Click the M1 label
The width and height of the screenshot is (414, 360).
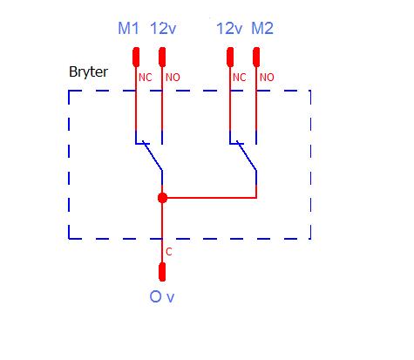[x=128, y=28]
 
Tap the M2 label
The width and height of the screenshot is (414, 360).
[x=262, y=28]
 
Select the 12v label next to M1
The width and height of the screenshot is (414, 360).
[x=163, y=28]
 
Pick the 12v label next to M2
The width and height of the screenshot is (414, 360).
[x=229, y=28]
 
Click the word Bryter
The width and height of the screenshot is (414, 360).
[x=88, y=71]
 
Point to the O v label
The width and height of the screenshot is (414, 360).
[x=162, y=297]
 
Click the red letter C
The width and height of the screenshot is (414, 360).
[x=169, y=252]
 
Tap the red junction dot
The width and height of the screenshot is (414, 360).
[x=162, y=198]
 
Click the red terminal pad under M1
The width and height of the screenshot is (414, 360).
[x=136, y=57]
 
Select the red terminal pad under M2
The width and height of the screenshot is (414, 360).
[x=256, y=57]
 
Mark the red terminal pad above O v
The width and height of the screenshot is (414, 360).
[x=162, y=272]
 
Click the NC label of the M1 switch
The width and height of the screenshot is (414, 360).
[x=146, y=78]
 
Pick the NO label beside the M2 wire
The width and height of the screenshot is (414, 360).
[x=267, y=78]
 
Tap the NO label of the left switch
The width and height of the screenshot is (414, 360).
[x=173, y=78]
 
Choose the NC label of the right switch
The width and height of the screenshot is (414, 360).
[x=240, y=78]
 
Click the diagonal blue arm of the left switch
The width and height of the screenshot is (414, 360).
[x=153, y=155]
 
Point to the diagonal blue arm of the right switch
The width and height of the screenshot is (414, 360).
[x=247, y=155]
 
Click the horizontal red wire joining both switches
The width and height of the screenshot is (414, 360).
[x=209, y=198]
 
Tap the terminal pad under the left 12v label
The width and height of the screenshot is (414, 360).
[x=162, y=57]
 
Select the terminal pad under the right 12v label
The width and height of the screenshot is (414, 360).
[x=230, y=57]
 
